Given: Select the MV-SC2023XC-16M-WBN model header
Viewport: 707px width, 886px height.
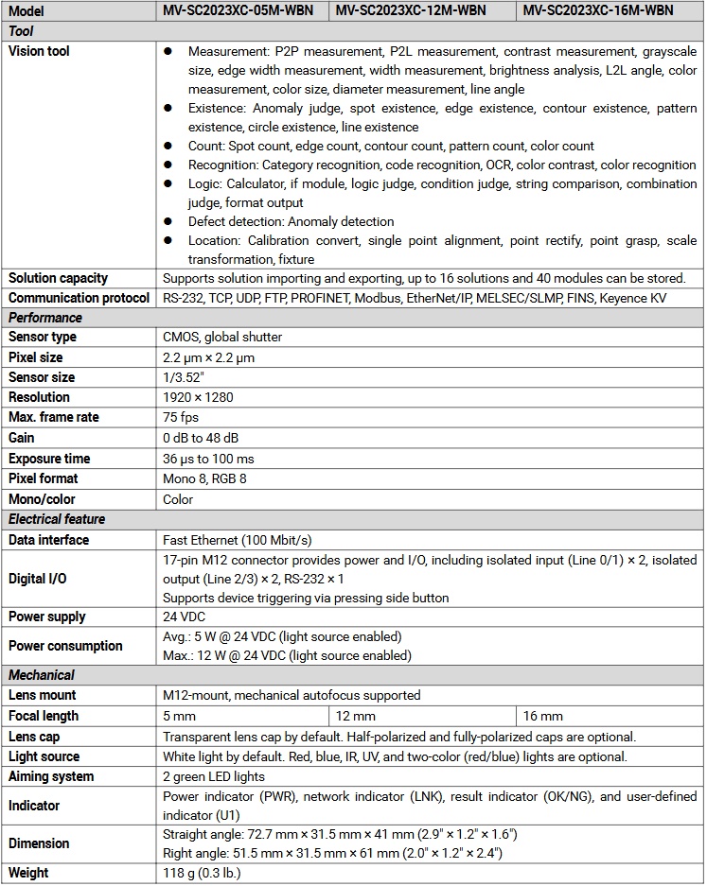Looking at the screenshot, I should (598, 10).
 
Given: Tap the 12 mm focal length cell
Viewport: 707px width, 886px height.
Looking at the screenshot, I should (356, 716).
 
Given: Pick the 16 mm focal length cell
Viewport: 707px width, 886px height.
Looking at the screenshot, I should (543, 716).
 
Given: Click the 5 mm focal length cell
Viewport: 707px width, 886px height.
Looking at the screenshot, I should (179, 716).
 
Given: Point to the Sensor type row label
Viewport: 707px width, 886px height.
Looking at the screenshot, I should (43, 337).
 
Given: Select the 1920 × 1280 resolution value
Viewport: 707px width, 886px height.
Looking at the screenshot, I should (198, 397).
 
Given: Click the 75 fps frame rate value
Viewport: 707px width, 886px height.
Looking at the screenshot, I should (180, 417).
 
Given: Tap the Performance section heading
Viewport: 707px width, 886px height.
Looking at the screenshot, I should (45, 318).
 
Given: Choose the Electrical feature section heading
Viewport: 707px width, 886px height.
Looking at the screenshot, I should (57, 519).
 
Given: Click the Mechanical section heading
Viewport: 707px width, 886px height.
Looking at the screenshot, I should (42, 675).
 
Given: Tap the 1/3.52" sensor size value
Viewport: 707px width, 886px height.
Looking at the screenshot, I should (184, 377).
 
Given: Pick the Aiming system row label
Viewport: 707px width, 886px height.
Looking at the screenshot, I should (51, 776).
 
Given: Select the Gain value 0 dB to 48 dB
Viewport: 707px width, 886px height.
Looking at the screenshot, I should (201, 438).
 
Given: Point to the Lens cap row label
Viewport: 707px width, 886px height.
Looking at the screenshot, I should (34, 737).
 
